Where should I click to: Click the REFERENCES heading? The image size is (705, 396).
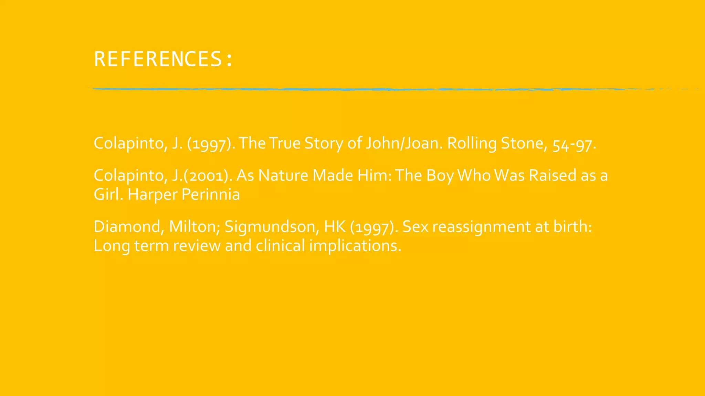point(163,59)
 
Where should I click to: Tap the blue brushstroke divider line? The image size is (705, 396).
point(344,89)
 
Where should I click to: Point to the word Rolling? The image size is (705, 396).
point(472,143)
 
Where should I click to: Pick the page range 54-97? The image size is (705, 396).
point(574,144)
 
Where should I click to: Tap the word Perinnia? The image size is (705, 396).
point(210,195)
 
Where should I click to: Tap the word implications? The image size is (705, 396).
point(355,246)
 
